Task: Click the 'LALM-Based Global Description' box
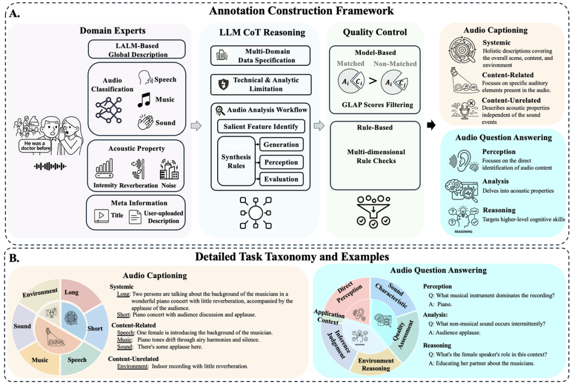click(137, 50)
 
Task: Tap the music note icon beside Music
click(144, 99)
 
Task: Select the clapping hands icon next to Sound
click(145, 122)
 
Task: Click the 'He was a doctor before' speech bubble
click(34, 146)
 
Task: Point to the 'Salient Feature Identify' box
click(261, 127)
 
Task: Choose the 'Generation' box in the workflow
click(281, 145)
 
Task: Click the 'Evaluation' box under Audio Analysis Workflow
click(281, 179)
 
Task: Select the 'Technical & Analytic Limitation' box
click(261, 85)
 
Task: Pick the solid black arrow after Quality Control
click(431, 125)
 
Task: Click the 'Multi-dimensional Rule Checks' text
click(376, 156)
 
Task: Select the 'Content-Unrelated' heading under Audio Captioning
click(511, 100)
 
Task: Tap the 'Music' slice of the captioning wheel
click(40, 359)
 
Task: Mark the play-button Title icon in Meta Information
click(101, 216)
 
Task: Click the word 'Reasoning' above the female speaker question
click(437, 345)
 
